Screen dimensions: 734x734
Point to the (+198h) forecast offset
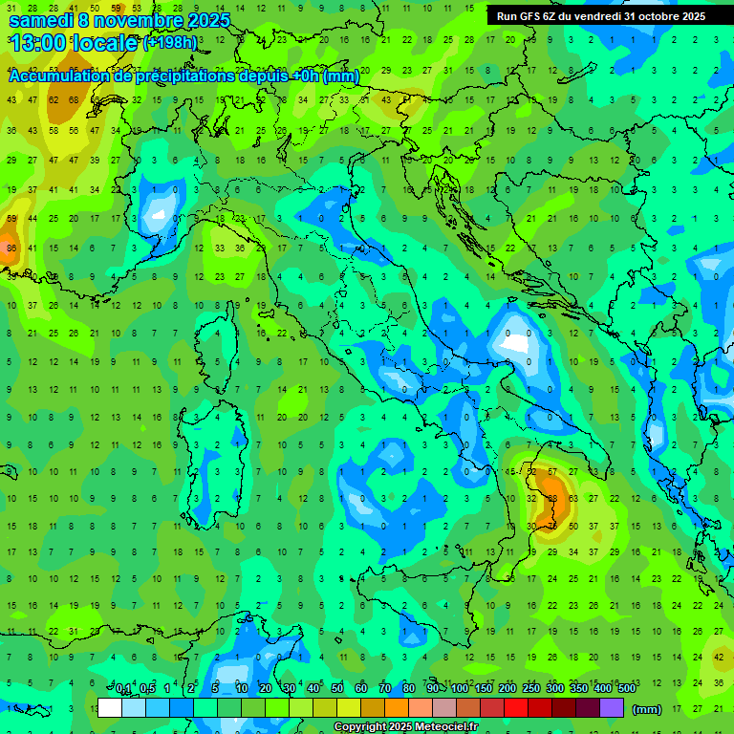(x=170, y=43)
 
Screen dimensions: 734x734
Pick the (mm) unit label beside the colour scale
(x=647, y=709)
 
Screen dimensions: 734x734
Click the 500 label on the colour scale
(x=626, y=689)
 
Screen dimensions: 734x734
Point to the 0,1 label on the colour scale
(x=123, y=689)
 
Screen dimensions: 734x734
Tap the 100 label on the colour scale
(x=460, y=689)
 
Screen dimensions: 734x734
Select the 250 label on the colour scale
(x=530, y=689)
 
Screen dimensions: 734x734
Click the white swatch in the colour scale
(x=110, y=708)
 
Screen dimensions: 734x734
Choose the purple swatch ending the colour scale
(x=611, y=708)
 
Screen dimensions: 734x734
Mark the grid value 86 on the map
(x=11, y=248)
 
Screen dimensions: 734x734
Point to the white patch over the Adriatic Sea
(x=517, y=341)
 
